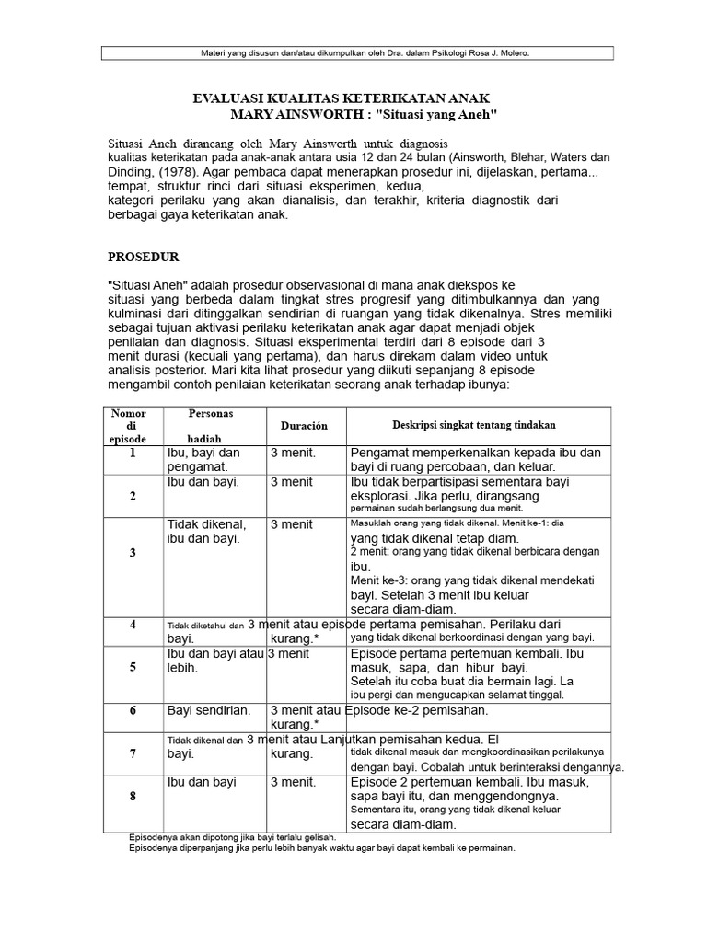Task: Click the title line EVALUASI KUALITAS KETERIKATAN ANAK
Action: point(340,98)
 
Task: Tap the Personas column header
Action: point(211,414)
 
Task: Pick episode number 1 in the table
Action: point(133,454)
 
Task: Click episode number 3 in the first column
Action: point(133,553)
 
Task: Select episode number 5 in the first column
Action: point(133,667)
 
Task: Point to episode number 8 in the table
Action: point(133,796)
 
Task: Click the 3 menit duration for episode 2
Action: point(291,482)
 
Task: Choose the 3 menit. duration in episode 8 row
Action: point(293,782)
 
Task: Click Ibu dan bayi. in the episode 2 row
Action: point(203,482)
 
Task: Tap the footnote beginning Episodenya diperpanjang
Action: point(322,848)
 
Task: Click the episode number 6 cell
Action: point(133,711)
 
